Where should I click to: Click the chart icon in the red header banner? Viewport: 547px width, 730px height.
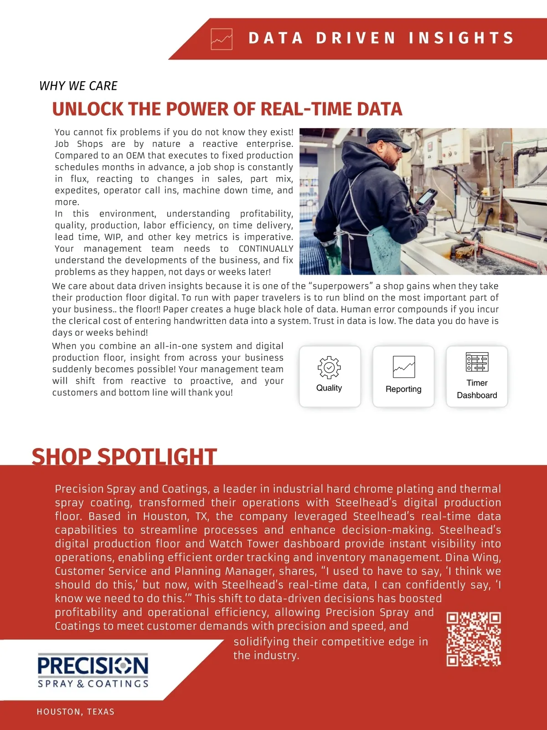[222, 39]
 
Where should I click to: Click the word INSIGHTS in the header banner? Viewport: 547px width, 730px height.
[461, 38]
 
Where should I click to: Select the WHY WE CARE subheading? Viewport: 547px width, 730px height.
[78, 86]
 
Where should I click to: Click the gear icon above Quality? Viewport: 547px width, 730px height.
[329, 368]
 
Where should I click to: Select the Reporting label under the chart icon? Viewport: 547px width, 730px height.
[403, 389]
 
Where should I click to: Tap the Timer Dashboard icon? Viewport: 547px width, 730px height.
[477, 362]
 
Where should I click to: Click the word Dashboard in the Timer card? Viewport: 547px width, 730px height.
[477, 395]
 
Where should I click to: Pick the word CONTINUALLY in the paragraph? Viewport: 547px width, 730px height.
[266, 249]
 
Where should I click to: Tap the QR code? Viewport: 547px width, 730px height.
[474, 639]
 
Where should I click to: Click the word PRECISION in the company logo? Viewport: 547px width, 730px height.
[93, 665]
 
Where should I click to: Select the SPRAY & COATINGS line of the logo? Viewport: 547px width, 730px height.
[93, 683]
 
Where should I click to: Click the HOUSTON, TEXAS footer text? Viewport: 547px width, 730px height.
[76, 712]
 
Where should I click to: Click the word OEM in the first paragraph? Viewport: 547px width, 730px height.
[135, 156]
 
